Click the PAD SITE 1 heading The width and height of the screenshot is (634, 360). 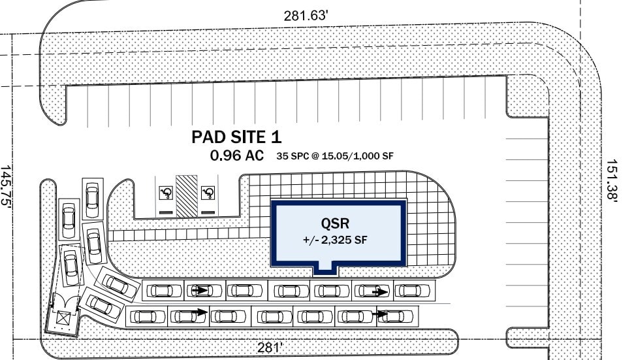click(x=236, y=137)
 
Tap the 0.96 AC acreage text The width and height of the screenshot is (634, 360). click(x=236, y=155)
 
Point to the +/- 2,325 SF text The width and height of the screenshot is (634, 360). click(x=336, y=240)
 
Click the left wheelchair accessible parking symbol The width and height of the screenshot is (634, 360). click(x=166, y=192)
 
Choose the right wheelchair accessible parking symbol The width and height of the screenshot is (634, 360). click(x=208, y=192)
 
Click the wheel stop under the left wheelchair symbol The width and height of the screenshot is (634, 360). click(x=166, y=212)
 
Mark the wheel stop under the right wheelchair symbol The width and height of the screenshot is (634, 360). click(x=208, y=212)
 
